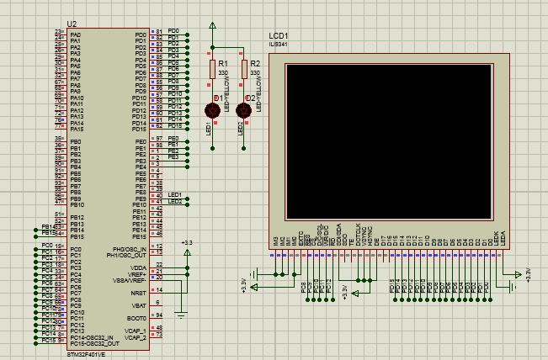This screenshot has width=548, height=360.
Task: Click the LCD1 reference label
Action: tap(278, 35)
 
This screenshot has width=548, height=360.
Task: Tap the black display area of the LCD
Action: tap(388, 139)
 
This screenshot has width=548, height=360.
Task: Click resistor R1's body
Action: tap(212, 70)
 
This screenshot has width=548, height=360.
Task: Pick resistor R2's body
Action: tap(244, 70)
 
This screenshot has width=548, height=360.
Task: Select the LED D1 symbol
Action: tap(213, 109)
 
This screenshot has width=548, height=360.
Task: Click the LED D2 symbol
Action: tap(244, 109)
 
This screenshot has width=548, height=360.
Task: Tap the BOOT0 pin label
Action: tap(137, 318)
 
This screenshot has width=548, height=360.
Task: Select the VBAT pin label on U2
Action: tap(139, 304)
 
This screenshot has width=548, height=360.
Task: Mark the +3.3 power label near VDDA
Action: tap(187, 242)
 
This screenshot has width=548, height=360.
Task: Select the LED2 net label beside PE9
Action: tap(175, 201)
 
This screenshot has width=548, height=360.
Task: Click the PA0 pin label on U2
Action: tap(76, 34)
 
